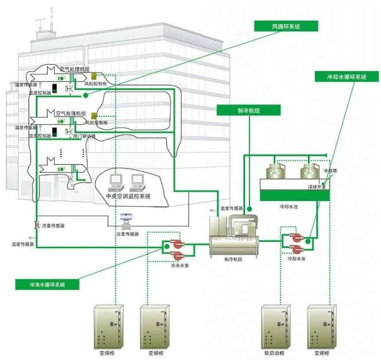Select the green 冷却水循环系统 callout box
pyautogui.click(x=346, y=77)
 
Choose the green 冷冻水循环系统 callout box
pyautogui.click(x=48, y=284)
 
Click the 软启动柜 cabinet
pyautogui.click(x=275, y=325)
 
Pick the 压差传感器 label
pyautogui.click(x=127, y=234)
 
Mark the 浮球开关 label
pyautogui.click(x=317, y=187)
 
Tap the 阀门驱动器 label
pyautogui.click(x=83, y=135)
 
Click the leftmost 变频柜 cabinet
pyautogui.click(x=109, y=325)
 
